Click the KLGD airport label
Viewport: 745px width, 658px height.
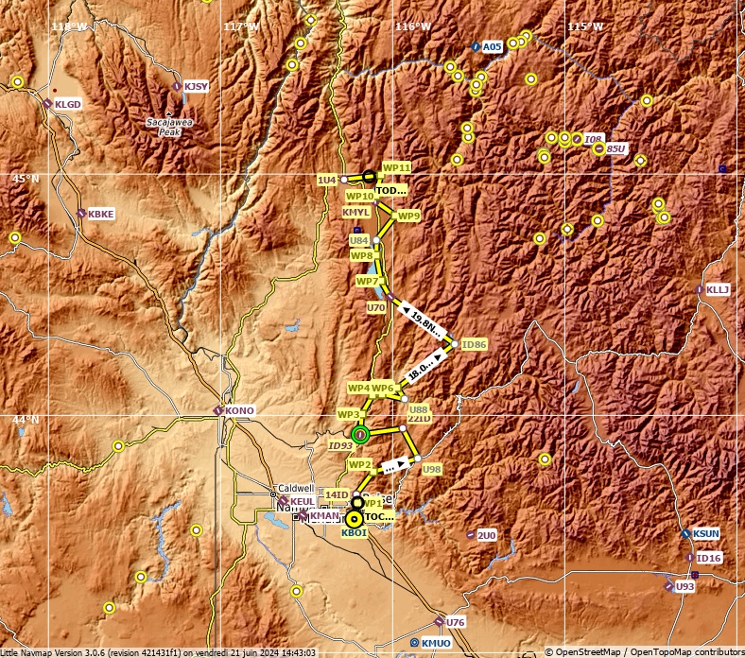tap(68, 104)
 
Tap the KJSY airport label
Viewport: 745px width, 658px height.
tap(196, 86)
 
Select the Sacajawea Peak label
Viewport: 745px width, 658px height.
tap(166, 128)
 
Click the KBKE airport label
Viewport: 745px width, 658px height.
tap(100, 215)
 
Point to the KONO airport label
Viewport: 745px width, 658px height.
tap(240, 410)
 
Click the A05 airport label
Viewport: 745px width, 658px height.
tap(492, 46)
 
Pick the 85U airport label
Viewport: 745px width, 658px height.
tap(615, 149)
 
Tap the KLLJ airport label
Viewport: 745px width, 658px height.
tap(718, 289)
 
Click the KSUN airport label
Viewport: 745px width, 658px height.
tap(705, 534)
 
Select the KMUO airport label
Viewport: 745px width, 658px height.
tap(436, 643)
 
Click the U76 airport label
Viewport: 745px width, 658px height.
tap(456, 622)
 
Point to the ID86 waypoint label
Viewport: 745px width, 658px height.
tap(474, 344)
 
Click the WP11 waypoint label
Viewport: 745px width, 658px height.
tap(396, 167)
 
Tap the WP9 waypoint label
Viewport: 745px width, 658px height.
tap(408, 216)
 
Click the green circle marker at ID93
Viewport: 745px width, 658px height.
tap(360, 435)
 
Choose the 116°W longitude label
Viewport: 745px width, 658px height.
tap(413, 26)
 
